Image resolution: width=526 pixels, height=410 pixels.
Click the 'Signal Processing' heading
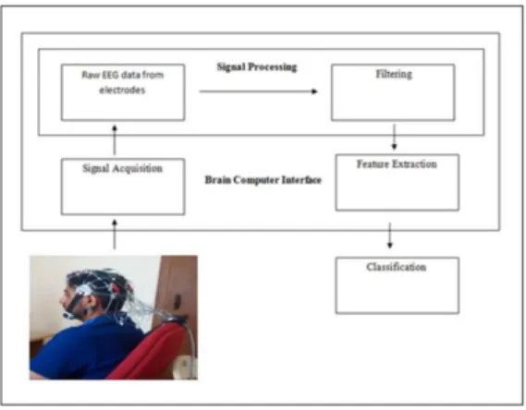pos(257,67)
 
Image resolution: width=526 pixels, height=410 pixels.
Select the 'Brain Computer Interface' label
pos(263,180)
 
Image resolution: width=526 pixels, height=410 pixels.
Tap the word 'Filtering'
pos(394,74)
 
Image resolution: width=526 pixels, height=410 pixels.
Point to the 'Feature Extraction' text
pos(397,164)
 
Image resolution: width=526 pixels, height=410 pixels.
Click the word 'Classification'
pos(397,267)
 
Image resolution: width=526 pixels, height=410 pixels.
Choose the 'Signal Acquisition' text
pos(122,168)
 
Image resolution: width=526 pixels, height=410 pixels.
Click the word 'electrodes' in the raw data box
pos(122,90)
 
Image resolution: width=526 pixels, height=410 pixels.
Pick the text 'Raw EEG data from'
pos(122,75)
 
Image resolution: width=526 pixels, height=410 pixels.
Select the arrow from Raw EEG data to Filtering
pos(258,91)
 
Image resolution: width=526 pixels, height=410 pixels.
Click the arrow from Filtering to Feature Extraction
pos(394,137)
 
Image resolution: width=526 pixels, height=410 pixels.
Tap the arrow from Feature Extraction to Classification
pos(389,235)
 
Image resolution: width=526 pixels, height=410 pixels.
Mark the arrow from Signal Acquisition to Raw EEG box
pos(115,140)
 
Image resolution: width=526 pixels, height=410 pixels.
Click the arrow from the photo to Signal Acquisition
pos(115,235)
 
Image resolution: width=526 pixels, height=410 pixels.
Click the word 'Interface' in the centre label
pos(301,180)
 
